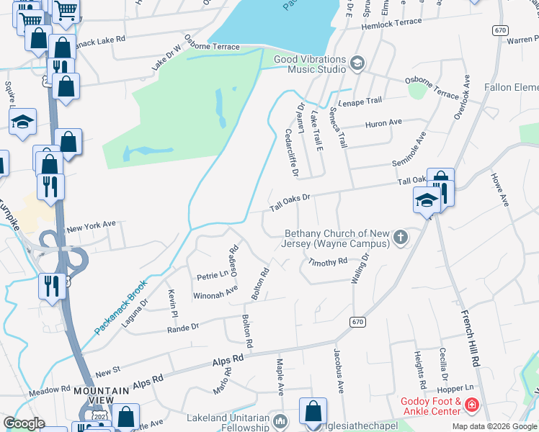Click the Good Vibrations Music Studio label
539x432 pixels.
point(309,64)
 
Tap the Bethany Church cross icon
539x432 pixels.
point(400,238)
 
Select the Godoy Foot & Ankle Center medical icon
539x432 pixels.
point(471,405)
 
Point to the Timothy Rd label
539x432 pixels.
point(327,262)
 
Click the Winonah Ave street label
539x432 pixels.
point(215,292)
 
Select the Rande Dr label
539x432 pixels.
point(182,328)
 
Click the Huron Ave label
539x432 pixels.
point(384,123)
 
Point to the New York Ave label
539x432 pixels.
point(91,226)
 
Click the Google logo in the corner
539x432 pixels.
point(24,423)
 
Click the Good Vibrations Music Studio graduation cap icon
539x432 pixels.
point(356,64)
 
